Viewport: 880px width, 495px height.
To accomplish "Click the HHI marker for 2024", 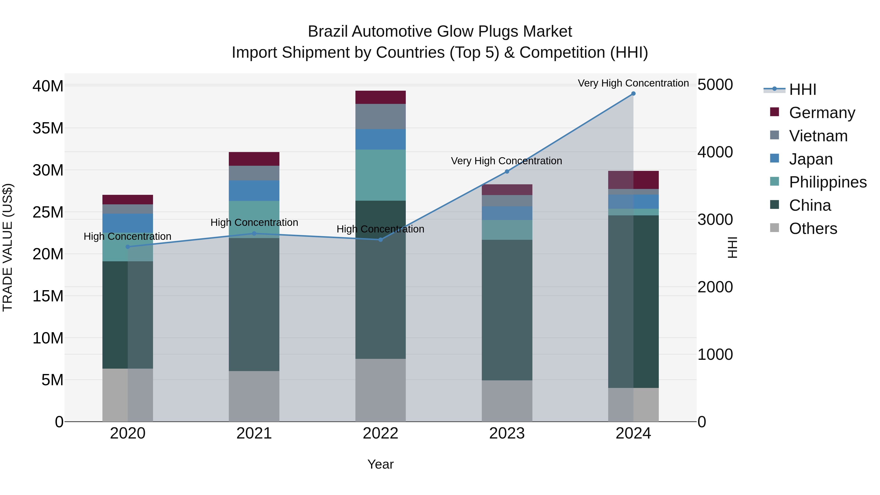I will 633,94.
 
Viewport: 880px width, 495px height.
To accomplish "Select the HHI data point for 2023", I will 507,172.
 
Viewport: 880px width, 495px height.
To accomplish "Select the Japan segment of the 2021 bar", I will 254,191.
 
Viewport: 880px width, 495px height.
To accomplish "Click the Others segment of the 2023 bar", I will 507,401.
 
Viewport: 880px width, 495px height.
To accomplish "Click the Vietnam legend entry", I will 818,136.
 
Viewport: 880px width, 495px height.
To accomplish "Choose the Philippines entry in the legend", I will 827,182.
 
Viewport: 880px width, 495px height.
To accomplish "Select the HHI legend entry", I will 802,89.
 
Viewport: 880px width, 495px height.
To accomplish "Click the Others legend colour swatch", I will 774,228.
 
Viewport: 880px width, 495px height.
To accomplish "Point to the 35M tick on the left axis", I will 48,128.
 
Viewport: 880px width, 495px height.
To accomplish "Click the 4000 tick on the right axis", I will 715,152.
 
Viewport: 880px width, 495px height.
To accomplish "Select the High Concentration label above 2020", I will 127,236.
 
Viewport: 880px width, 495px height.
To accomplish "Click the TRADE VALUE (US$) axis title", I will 8,247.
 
